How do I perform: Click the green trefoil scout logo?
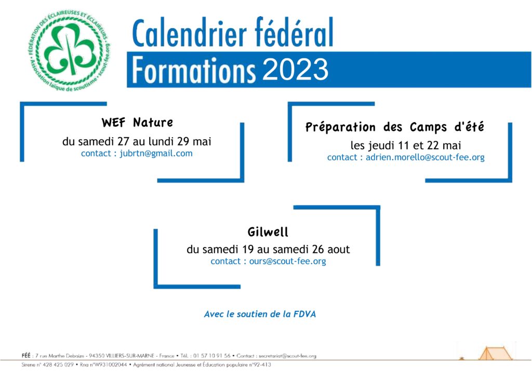70,51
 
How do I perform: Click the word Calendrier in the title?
189,33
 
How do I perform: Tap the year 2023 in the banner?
295,70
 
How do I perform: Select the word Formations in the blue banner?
193,70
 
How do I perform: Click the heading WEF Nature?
137,122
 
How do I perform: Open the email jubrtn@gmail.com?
156,153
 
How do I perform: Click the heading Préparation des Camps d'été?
395,127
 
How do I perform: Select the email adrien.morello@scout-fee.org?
425,157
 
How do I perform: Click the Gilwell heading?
268,232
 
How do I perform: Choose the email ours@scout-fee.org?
288,261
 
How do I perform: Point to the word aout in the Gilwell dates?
338,249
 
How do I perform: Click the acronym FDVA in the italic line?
304,314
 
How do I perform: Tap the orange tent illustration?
495,353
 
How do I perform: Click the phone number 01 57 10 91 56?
212,356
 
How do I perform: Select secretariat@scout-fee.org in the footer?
287,356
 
